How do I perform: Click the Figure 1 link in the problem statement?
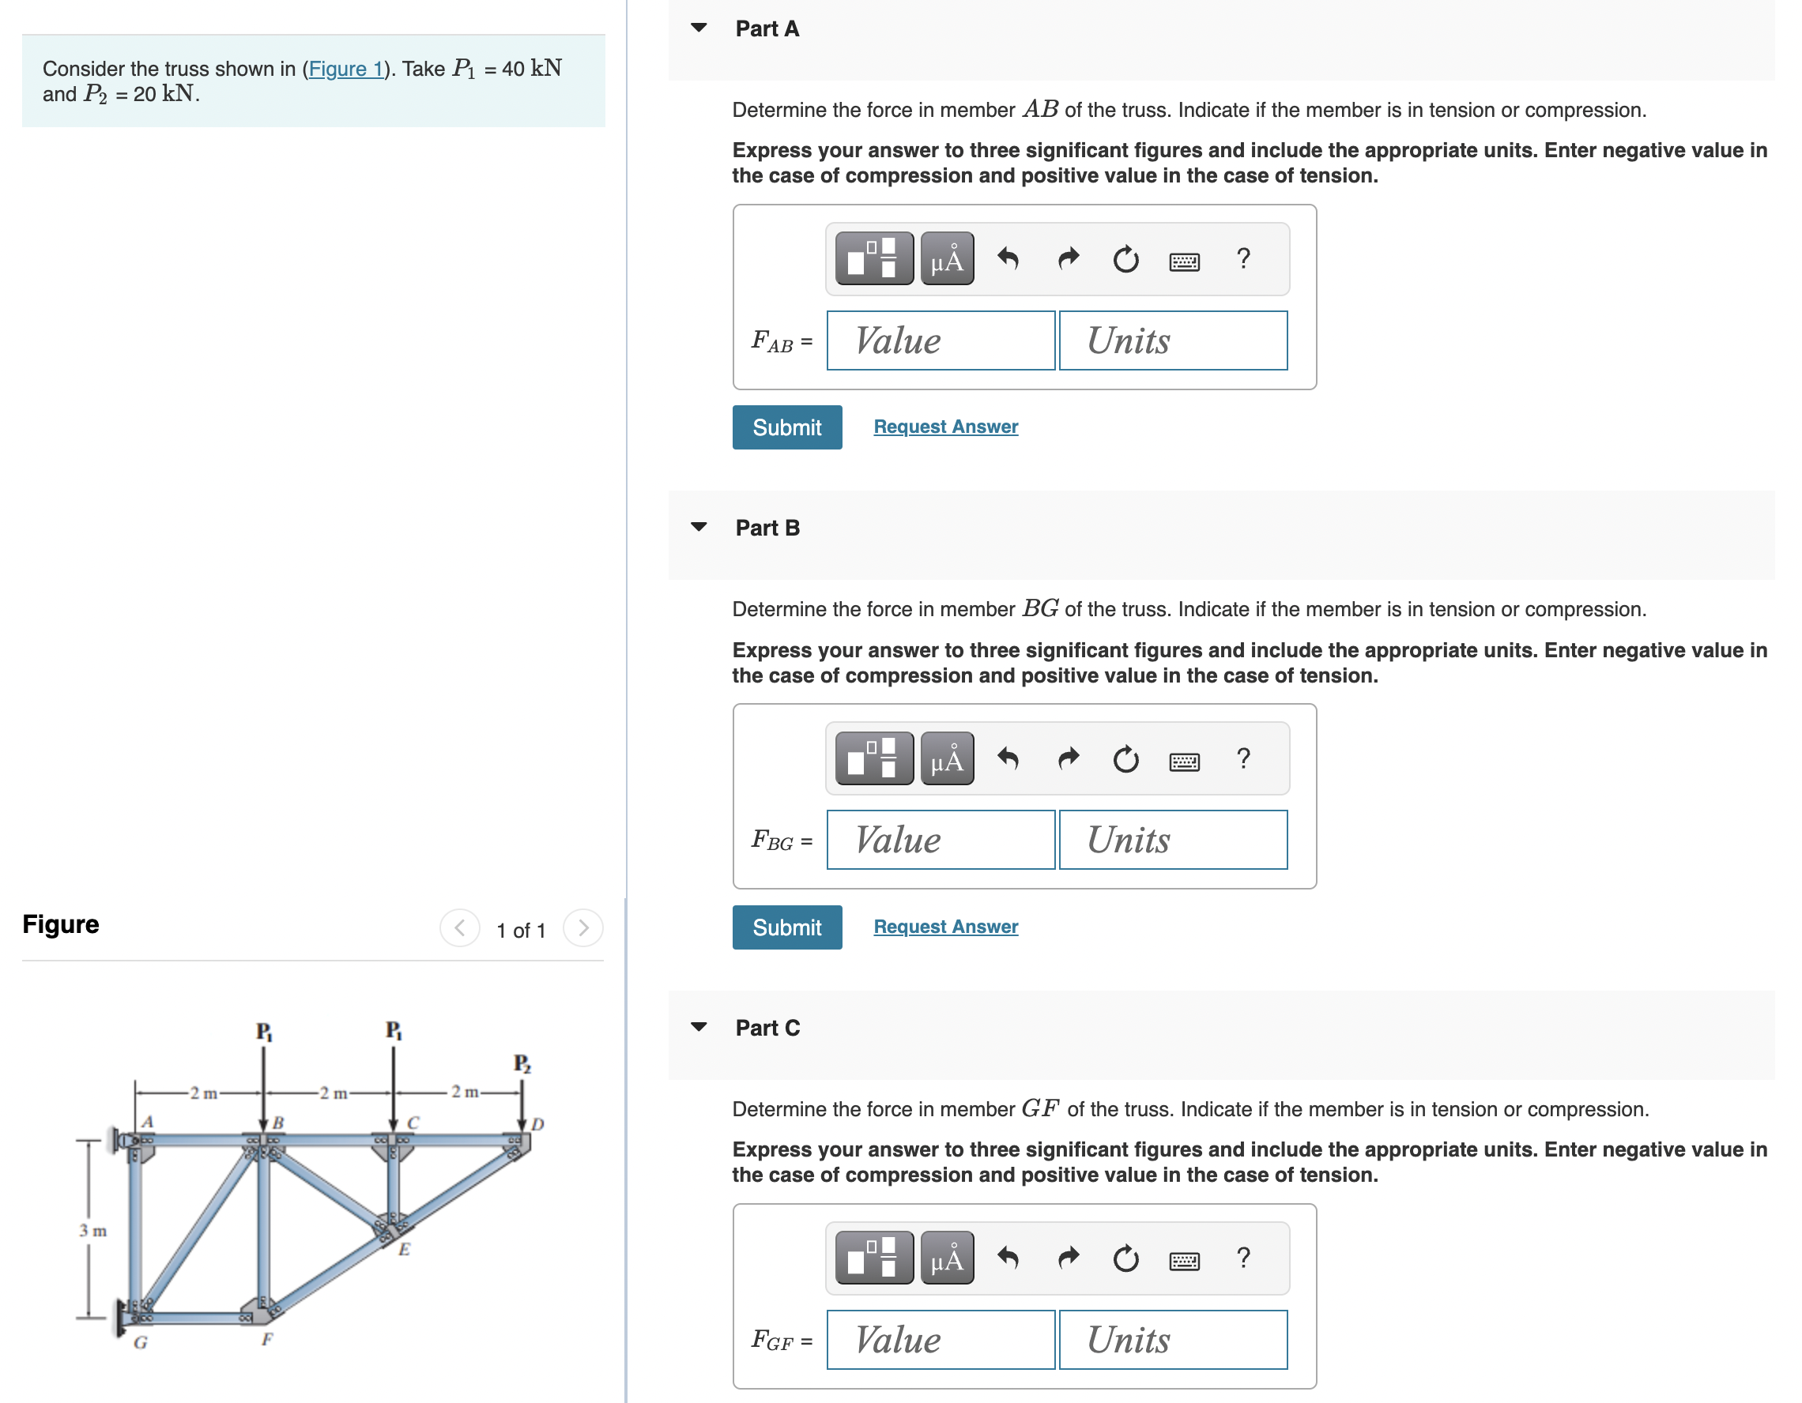click(x=345, y=69)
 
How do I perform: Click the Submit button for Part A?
click(x=786, y=427)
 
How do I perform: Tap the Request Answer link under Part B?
click(x=944, y=927)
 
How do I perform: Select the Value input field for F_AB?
click(x=940, y=340)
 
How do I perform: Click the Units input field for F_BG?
click(x=1171, y=840)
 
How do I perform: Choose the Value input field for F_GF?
click(x=940, y=1340)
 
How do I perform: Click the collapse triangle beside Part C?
click(x=699, y=1027)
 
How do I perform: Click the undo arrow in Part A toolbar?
click(x=1008, y=259)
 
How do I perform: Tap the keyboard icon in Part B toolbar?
click(x=1184, y=761)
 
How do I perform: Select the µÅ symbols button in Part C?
click(x=946, y=1258)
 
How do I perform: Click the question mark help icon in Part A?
click(x=1242, y=259)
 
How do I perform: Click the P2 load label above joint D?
click(x=522, y=1063)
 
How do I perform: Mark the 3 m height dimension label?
click(x=92, y=1231)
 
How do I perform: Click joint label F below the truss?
click(x=266, y=1339)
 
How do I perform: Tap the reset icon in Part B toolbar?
click(x=1125, y=759)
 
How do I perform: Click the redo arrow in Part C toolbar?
click(x=1068, y=1258)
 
